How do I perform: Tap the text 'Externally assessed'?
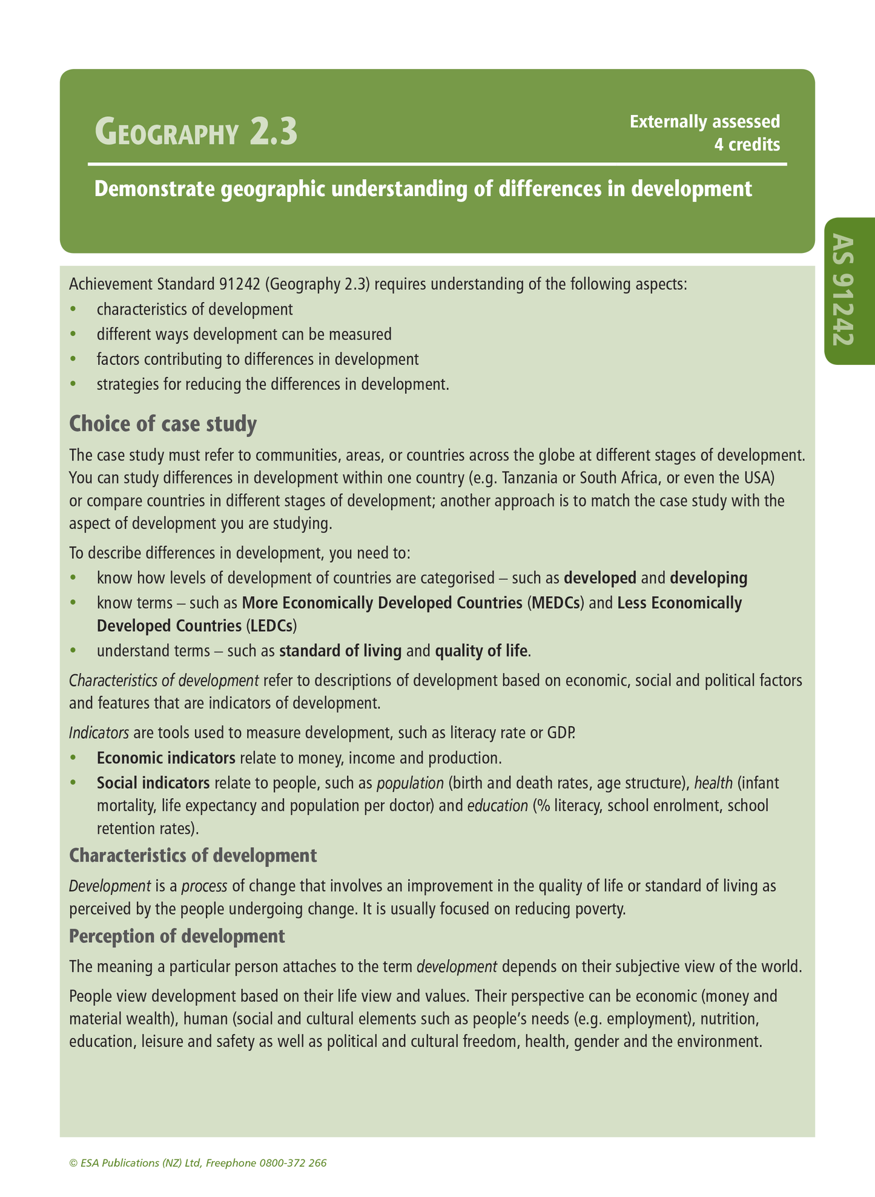(x=704, y=122)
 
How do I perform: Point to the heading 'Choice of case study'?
(x=163, y=424)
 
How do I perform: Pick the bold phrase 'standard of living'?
(x=340, y=651)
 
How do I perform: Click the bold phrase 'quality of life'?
(x=481, y=651)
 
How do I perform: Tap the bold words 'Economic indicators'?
(x=166, y=758)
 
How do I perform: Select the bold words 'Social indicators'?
(x=153, y=783)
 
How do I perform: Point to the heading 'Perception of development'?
(x=177, y=936)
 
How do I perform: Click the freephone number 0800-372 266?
(x=293, y=1163)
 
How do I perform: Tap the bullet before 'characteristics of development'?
(x=74, y=310)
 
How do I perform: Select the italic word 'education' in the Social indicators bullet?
(x=497, y=806)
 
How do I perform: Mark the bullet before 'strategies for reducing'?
(x=74, y=384)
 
